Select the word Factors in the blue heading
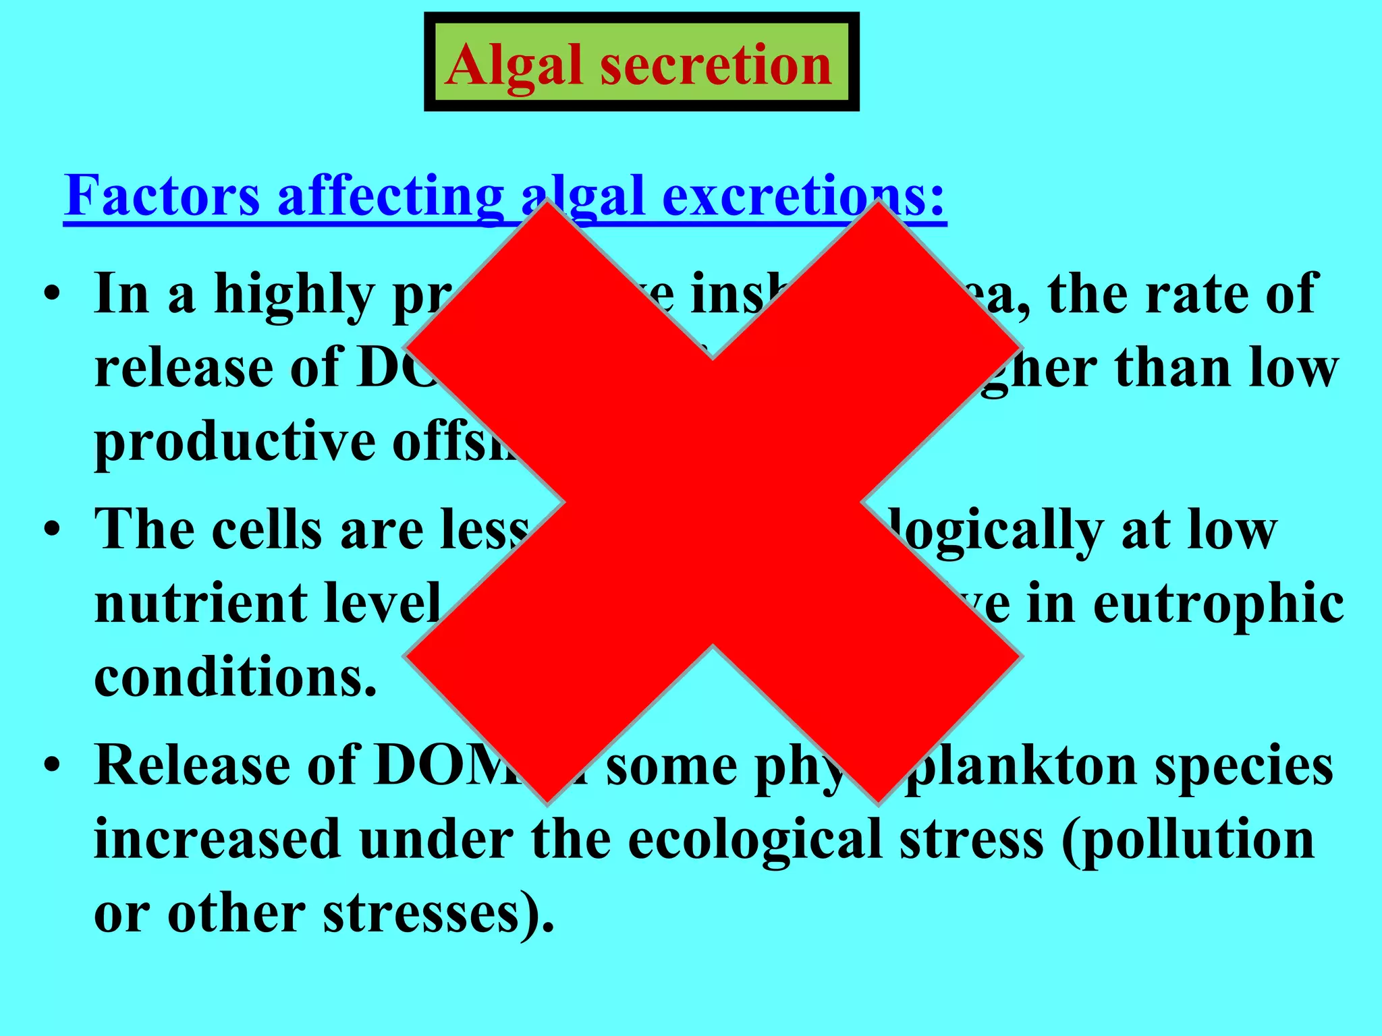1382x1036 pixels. click(162, 196)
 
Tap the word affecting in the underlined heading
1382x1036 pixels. click(390, 196)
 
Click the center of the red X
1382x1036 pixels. click(713, 502)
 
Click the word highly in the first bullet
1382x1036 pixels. click(294, 295)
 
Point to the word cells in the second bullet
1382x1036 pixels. click(267, 529)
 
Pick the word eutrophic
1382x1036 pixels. click(1218, 604)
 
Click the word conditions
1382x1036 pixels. click(234, 677)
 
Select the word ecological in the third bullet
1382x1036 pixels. click(754, 840)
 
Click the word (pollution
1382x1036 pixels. click(1188, 840)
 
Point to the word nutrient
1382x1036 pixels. click(200, 604)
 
